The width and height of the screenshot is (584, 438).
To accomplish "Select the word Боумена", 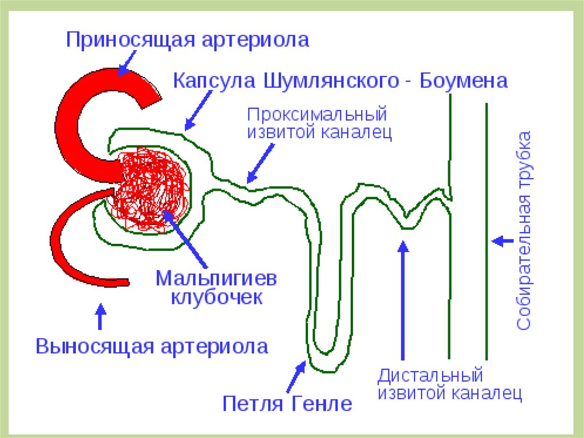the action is point(464,81).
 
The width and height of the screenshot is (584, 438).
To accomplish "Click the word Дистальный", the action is point(430,376).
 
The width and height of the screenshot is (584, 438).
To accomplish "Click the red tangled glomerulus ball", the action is point(151,188).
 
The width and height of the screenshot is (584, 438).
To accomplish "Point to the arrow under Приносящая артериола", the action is point(127,63).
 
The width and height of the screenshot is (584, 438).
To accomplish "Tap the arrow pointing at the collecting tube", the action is point(502,240).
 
